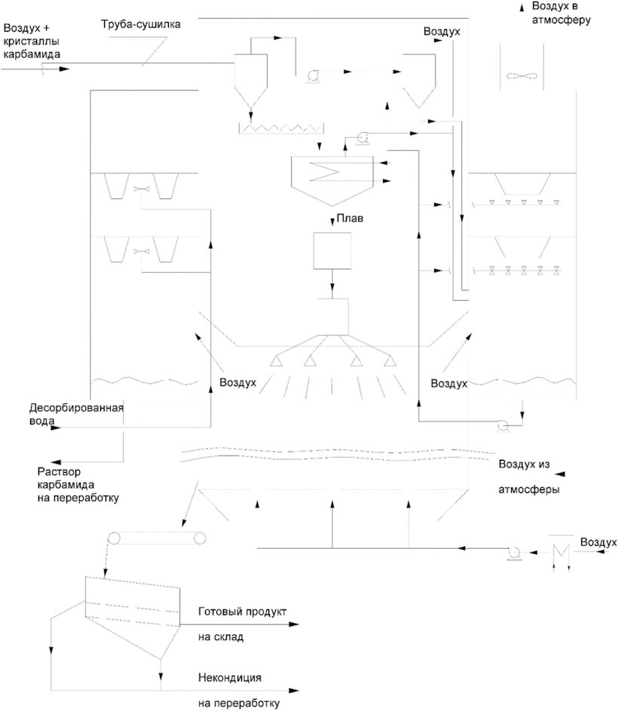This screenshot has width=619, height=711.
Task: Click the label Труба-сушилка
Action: point(140,24)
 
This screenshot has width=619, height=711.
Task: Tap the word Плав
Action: point(350,218)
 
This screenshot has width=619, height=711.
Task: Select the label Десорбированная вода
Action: point(76,414)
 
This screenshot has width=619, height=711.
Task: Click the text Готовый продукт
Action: point(242,611)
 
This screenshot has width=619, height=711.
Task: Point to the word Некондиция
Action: point(229,677)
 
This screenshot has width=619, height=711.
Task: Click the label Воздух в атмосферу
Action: point(561,13)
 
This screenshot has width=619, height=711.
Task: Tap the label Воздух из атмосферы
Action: point(529,477)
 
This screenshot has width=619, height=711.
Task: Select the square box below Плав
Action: point(332,251)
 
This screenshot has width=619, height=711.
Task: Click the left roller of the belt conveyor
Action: point(113,538)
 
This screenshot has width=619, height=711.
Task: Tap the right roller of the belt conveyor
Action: point(200,538)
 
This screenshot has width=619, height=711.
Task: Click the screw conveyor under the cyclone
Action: point(281,128)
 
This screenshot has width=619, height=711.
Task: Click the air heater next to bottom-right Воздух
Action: point(561,552)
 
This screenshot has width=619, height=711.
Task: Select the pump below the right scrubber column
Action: point(502,426)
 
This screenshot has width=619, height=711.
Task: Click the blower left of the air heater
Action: point(514,553)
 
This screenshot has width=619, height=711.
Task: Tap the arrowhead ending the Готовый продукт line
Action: point(294,624)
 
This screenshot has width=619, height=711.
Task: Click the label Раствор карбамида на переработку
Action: point(78,485)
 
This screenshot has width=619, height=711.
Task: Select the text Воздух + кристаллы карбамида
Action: point(32,41)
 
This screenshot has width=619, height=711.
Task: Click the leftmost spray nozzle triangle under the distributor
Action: point(274,361)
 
